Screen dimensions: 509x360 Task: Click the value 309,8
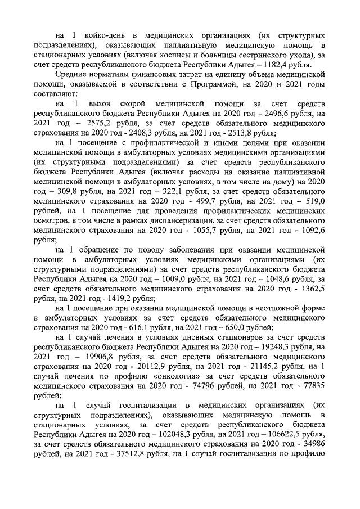(x=62, y=201)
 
